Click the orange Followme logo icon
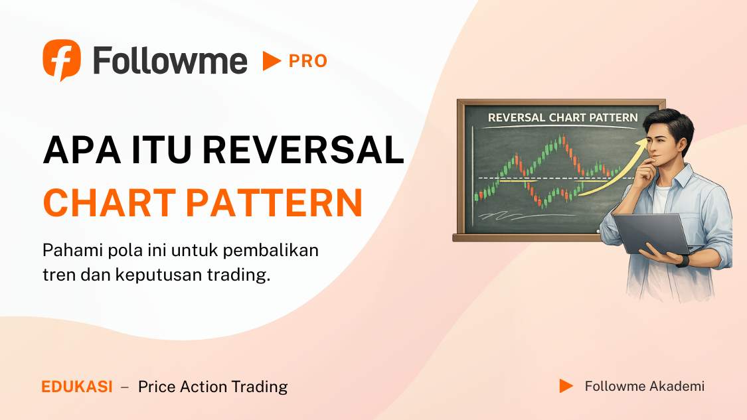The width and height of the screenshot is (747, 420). (62, 60)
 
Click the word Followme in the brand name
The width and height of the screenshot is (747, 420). (170, 61)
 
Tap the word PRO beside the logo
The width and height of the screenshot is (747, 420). (308, 61)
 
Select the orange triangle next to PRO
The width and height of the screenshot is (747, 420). (271, 61)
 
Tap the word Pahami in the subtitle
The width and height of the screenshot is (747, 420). (70, 252)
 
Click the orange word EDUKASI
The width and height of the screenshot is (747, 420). (77, 387)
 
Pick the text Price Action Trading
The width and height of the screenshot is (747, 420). (212, 387)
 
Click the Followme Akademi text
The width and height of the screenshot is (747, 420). (644, 386)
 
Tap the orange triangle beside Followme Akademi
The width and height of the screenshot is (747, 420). (566, 386)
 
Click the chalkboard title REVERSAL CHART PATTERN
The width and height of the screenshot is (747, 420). (562, 117)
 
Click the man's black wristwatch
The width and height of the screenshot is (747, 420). (683, 260)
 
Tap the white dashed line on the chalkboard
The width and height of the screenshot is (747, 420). (531, 179)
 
